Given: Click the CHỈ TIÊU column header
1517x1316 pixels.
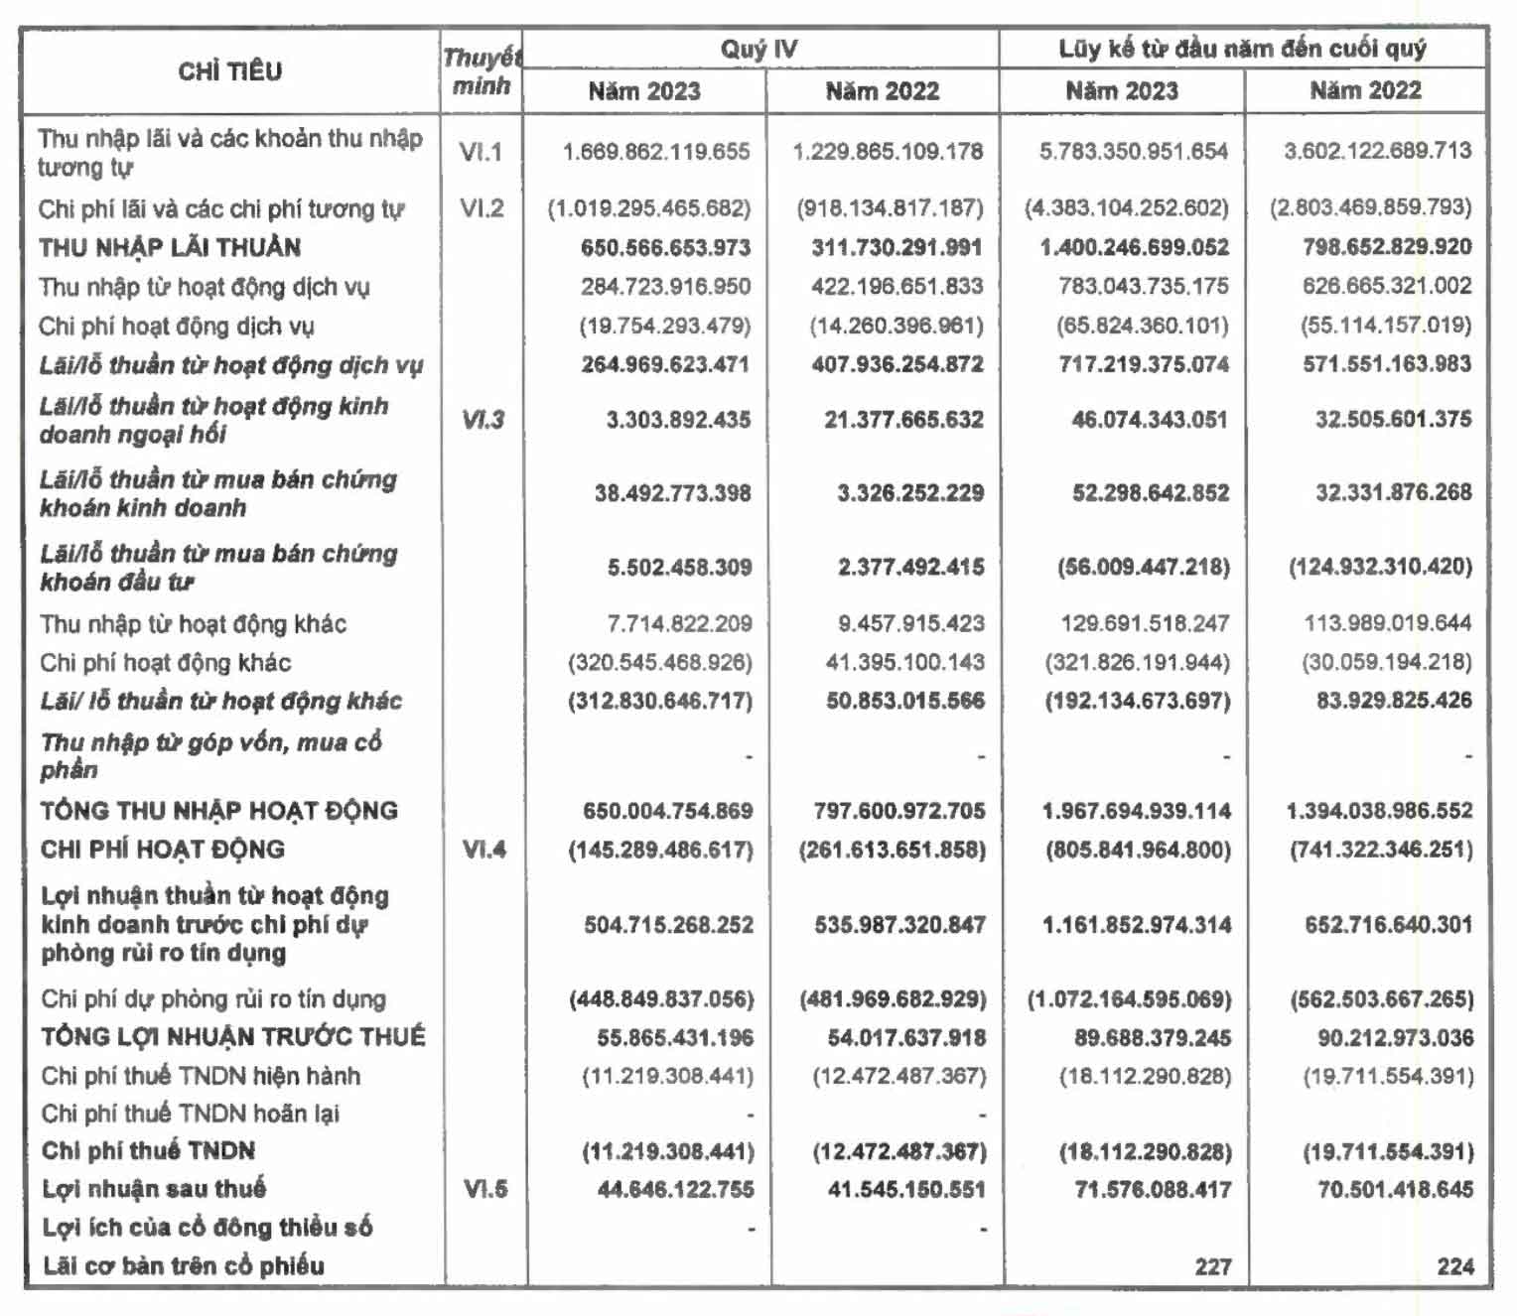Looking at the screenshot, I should click(x=229, y=71).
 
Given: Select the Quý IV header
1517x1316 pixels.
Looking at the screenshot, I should click(x=758, y=49).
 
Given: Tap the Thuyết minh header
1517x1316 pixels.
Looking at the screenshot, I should click(x=482, y=71).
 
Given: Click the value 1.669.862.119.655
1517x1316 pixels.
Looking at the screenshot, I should click(x=656, y=152).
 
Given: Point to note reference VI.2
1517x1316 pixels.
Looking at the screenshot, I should click(x=482, y=208).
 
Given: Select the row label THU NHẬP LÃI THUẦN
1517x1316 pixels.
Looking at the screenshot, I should click(x=170, y=247).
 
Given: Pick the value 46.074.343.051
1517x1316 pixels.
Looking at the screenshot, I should click(x=1149, y=420).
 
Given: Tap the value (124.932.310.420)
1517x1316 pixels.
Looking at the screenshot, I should click(x=1380, y=567).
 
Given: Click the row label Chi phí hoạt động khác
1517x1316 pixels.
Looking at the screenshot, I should click(x=166, y=662).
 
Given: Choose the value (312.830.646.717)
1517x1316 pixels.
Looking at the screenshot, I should click(x=660, y=701).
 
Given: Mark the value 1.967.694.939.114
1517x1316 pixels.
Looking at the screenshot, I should click(x=1136, y=811).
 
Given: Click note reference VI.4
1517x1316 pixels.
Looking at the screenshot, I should click(x=483, y=850).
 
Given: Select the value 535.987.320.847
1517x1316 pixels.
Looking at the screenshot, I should click(x=899, y=925).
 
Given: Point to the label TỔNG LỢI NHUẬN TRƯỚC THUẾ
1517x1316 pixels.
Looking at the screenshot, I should click(x=233, y=1037).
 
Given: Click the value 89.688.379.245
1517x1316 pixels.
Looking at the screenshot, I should click(x=1152, y=1038).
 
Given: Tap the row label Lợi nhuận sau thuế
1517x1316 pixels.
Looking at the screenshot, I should click(x=154, y=1189).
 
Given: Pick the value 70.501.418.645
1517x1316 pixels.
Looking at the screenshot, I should click(x=1395, y=1189).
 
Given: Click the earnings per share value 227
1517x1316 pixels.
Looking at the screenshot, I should click(x=1212, y=1266).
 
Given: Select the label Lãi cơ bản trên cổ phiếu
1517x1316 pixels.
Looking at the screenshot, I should click(x=184, y=1266).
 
